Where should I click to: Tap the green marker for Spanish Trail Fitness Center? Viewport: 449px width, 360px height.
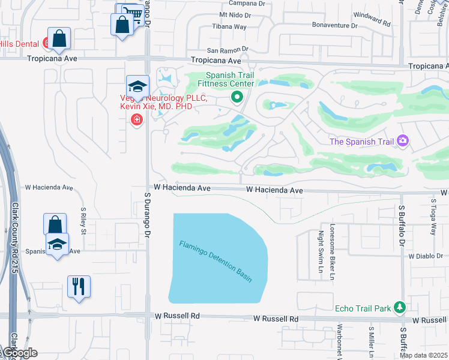[x=237, y=97]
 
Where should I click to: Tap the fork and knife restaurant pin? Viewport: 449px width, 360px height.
[x=79, y=286]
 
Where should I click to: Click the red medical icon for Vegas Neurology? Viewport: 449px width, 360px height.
[x=137, y=120]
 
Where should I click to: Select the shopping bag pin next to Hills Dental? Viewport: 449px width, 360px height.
[x=60, y=39]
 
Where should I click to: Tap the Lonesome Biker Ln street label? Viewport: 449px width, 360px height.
[x=332, y=252]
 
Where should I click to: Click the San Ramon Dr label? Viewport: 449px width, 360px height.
[x=227, y=50]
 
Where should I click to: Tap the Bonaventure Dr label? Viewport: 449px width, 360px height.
[x=334, y=26]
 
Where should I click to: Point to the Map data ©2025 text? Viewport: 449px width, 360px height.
[x=424, y=355]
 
